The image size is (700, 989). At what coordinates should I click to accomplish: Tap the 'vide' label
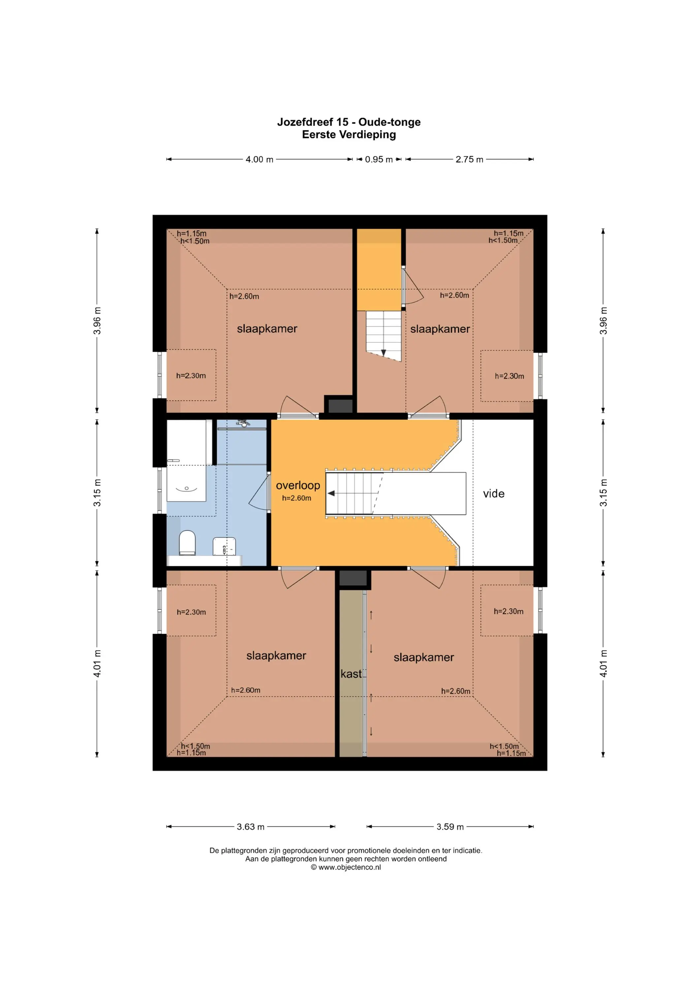pyautogui.click(x=493, y=494)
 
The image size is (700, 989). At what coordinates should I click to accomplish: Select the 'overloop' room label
pyautogui.click(x=298, y=486)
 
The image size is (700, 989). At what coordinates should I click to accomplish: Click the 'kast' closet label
pyautogui.click(x=351, y=674)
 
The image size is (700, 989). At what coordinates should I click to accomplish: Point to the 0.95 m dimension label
pyautogui.click(x=379, y=159)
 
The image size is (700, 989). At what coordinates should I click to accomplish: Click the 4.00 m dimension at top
pyautogui.click(x=260, y=159)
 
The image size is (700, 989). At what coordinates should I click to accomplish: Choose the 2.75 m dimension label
pyautogui.click(x=469, y=159)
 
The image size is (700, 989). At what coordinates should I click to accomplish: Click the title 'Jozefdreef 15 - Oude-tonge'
pyautogui.click(x=349, y=122)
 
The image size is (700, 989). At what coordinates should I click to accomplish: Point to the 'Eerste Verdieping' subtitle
pyautogui.click(x=349, y=135)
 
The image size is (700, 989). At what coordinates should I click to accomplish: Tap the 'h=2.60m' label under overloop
pyautogui.click(x=297, y=498)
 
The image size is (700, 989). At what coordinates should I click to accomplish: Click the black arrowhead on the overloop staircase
pyautogui.click(x=331, y=493)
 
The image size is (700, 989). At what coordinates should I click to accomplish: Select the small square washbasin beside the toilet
pyautogui.click(x=224, y=547)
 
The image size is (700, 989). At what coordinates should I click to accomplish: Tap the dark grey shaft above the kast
pyautogui.click(x=353, y=578)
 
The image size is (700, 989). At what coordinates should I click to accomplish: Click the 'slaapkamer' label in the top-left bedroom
pyautogui.click(x=267, y=329)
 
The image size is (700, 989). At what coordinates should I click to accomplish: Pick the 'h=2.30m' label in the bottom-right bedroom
pyautogui.click(x=509, y=611)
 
